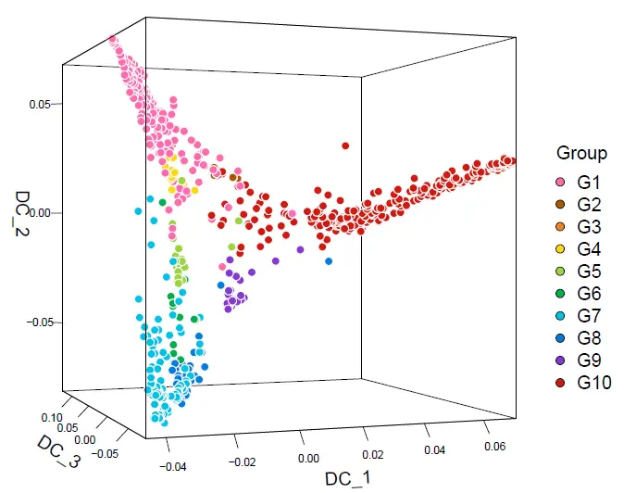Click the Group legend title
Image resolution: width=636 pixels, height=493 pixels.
[581, 154]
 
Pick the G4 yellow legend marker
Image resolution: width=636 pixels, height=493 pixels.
[560, 248]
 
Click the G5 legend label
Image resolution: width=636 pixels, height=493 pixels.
[590, 271]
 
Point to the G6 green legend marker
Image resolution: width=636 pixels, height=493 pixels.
[560, 293]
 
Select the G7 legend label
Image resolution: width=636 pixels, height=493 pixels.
[590, 315]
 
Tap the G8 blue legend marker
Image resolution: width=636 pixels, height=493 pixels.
[560, 337]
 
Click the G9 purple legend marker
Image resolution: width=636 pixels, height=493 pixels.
[560, 360]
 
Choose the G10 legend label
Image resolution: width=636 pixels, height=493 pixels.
[594, 382]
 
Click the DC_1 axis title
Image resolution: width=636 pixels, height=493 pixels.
[345, 478]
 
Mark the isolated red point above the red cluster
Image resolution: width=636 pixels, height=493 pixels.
[345, 145]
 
